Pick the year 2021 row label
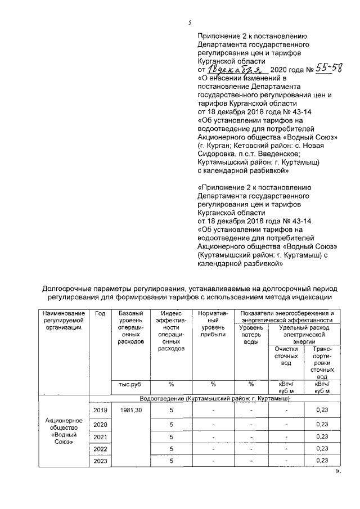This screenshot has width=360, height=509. click(100, 436)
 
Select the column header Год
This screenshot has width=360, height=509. click(100, 313)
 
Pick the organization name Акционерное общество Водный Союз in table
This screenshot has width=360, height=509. click(64, 431)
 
